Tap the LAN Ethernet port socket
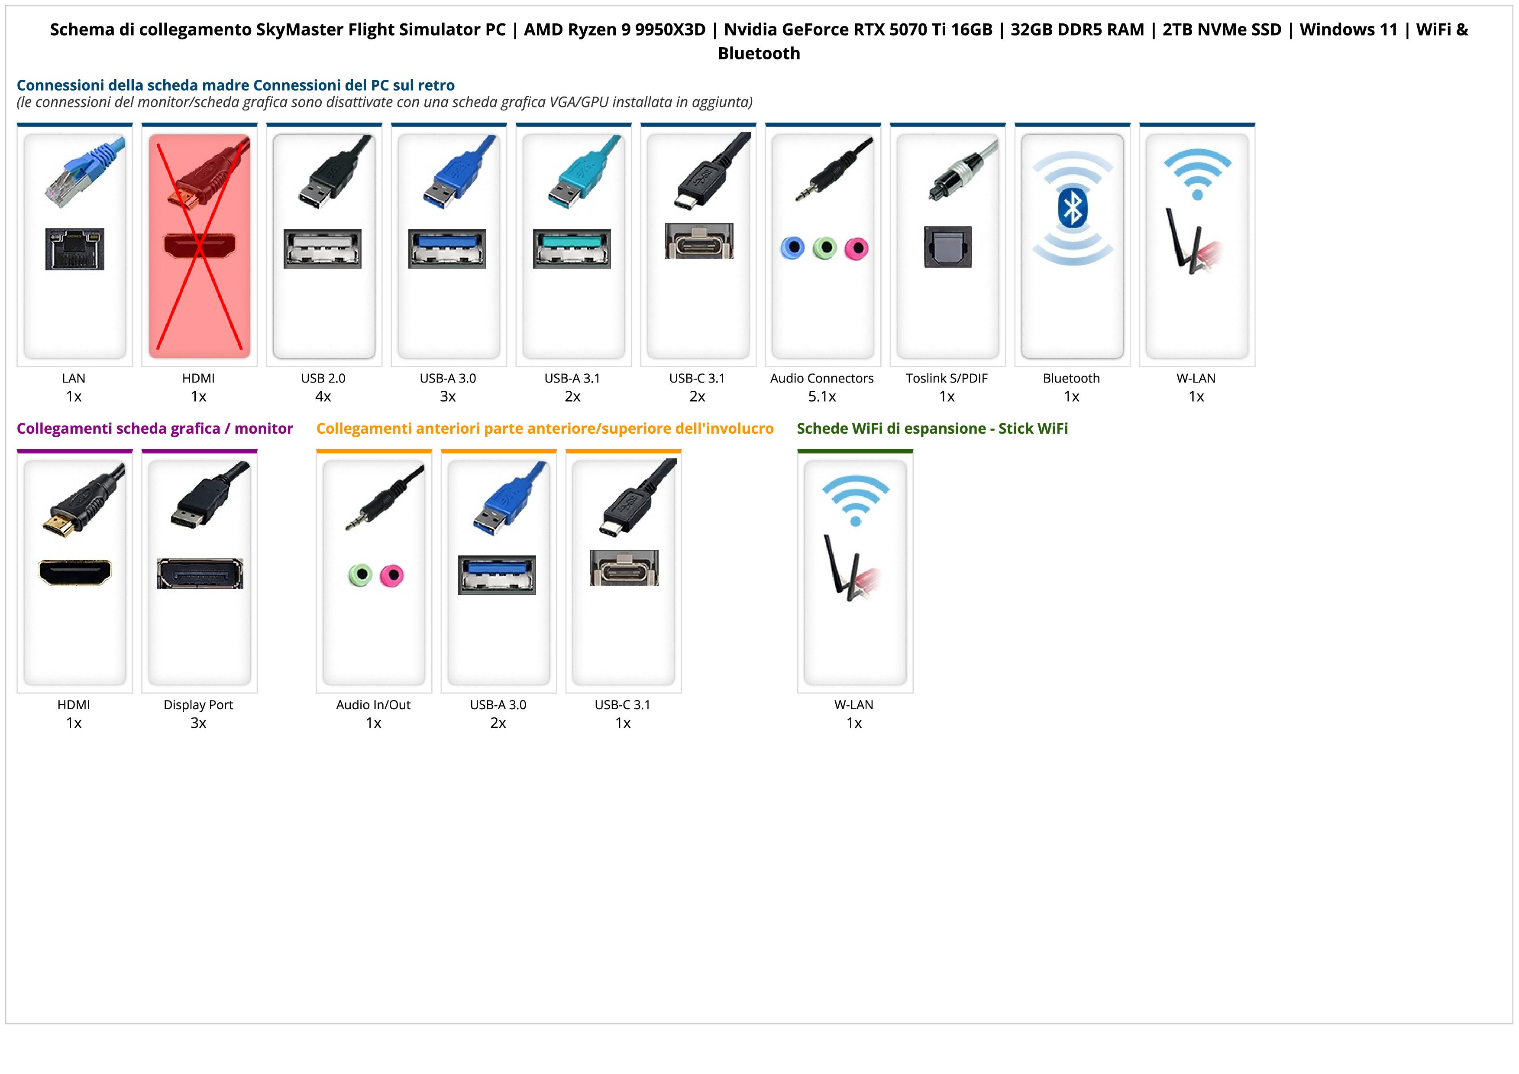pyautogui.click(x=75, y=249)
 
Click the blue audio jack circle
pyautogui.click(x=792, y=248)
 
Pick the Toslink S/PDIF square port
pyautogui.click(x=947, y=247)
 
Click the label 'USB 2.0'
pyautogui.click(x=323, y=379)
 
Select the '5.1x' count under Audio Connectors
pyautogui.click(x=822, y=396)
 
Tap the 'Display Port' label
pyautogui.click(x=198, y=705)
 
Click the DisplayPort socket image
pyautogui.click(x=200, y=574)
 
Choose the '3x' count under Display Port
pyautogui.click(x=198, y=723)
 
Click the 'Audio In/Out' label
pyautogui.click(x=373, y=705)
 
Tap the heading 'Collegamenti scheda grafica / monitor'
pyautogui.click(x=155, y=429)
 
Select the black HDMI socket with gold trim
pyautogui.click(x=75, y=572)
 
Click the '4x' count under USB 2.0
pyautogui.click(x=323, y=396)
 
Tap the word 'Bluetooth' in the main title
pyautogui.click(x=759, y=54)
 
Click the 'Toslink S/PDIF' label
pyautogui.click(x=947, y=379)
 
